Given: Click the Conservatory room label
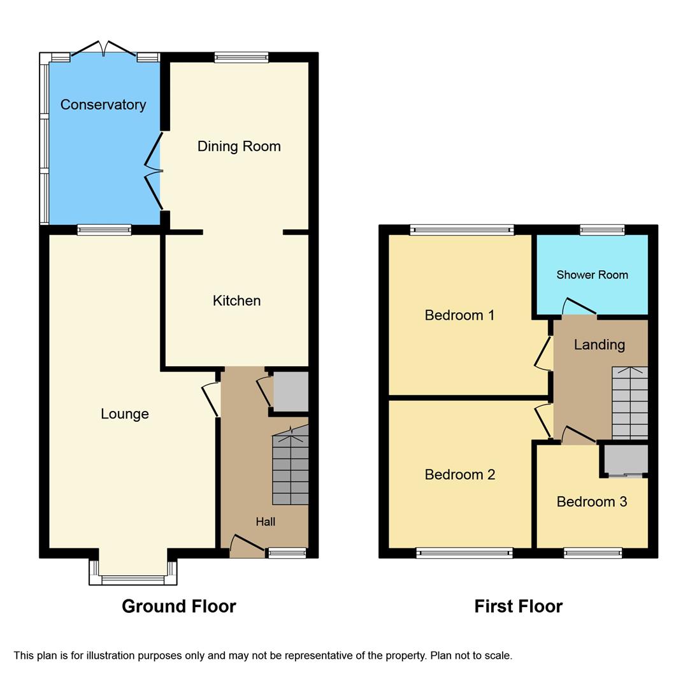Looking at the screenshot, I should click(x=103, y=104).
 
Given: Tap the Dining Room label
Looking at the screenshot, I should click(x=239, y=147).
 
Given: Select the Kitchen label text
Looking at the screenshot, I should click(x=236, y=301).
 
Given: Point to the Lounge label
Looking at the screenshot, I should click(x=125, y=414).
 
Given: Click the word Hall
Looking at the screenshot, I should click(x=266, y=522).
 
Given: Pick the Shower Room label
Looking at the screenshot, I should click(x=592, y=275).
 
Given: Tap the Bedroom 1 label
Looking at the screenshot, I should click(x=459, y=315).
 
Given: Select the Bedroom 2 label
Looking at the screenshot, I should click(x=459, y=475).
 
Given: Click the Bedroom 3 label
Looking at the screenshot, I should click(x=591, y=502).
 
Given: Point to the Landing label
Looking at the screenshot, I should click(x=599, y=345).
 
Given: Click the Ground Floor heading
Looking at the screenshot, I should click(x=179, y=606).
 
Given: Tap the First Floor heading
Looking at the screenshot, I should click(x=518, y=606).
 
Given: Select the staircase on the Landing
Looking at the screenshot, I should click(x=629, y=403).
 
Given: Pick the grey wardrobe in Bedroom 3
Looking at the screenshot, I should click(x=626, y=459).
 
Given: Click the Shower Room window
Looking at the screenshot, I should click(x=602, y=230).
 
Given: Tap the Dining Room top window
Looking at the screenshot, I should click(x=241, y=57).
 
